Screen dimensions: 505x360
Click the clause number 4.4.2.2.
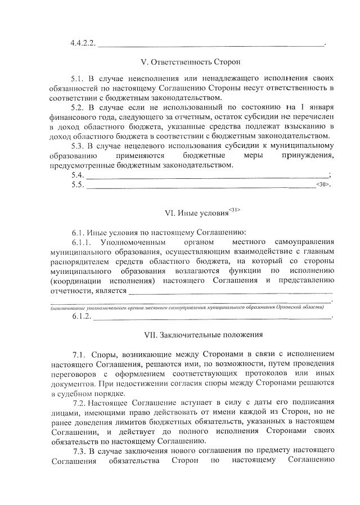coord(84,43)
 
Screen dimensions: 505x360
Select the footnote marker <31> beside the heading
coord(235,210)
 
